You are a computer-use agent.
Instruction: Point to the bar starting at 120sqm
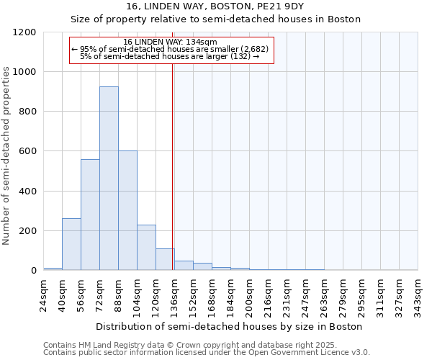[165, 259]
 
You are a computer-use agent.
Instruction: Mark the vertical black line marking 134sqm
[173, 166]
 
